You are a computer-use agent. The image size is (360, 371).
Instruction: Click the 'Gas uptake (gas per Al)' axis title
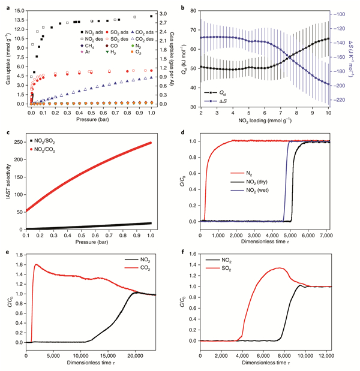coord(175,57)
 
